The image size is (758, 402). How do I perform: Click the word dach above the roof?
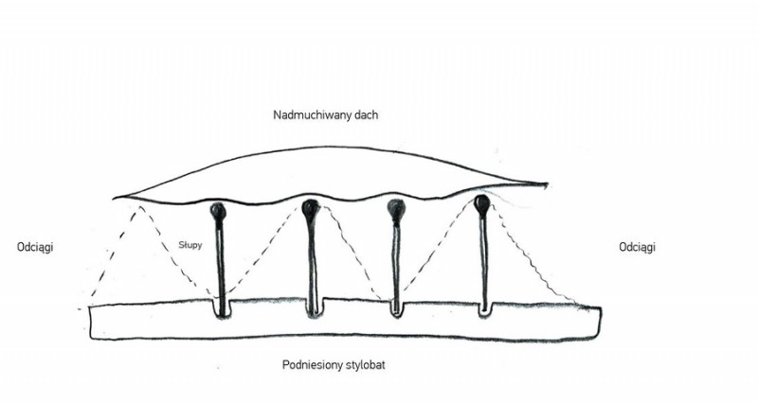[367, 114]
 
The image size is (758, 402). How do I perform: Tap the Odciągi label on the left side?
[35, 247]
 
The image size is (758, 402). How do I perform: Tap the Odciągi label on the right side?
[637, 247]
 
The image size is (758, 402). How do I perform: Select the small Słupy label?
[190, 245]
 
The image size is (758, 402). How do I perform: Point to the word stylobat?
[366, 364]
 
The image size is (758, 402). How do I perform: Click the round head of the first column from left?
[219, 211]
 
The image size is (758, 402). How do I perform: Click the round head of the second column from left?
[311, 207]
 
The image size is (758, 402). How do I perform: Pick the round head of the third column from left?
[396, 208]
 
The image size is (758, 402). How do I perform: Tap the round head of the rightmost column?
[482, 204]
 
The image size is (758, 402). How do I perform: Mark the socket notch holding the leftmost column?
[222, 309]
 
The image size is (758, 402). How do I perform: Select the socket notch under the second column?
[314, 308]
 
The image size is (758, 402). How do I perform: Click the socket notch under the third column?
[396, 309]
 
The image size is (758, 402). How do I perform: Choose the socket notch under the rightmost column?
[484, 309]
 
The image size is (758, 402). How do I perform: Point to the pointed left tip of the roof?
[114, 198]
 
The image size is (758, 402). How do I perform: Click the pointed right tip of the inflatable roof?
[547, 184]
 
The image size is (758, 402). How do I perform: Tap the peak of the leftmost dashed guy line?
[140, 207]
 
